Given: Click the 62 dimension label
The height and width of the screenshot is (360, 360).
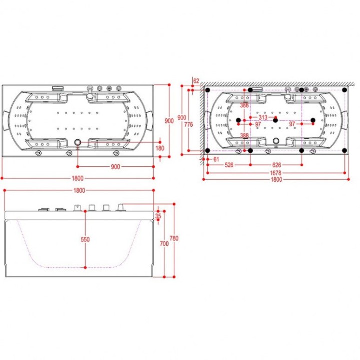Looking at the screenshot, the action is pos(196,81).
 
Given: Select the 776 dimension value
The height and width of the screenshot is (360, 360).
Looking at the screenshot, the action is pos(189,124).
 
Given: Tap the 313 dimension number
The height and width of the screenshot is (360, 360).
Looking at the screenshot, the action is pos(263,118).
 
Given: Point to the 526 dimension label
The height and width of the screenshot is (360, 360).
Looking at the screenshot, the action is pos(229,165).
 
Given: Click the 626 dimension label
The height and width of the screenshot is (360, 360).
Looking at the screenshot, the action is pos(276,165).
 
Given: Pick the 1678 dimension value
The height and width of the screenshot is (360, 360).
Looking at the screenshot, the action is pos(275,173).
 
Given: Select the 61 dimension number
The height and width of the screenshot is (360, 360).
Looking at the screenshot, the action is pos(216,159).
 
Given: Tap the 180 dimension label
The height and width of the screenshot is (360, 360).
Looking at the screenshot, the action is pos(160,148).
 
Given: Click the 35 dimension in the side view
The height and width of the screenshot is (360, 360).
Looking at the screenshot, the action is pos(158,216).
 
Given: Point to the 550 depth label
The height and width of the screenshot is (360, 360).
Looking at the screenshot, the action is pos(85,239).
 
